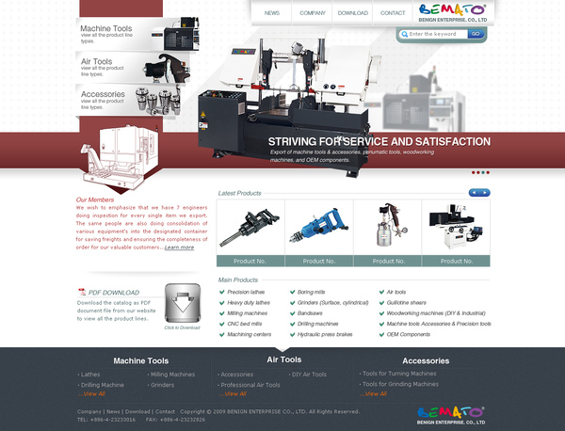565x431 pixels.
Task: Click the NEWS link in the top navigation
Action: tap(272, 13)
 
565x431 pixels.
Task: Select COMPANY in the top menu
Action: tap(313, 13)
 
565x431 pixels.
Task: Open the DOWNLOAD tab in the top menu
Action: tap(353, 13)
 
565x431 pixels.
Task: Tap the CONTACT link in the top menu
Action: tap(393, 13)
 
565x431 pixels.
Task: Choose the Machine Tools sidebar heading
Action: tap(106, 29)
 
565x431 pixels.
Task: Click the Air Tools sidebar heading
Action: tap(97, 61)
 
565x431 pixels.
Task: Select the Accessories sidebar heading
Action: tap(103, 94)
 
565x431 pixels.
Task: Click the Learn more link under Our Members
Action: tap(179, 247)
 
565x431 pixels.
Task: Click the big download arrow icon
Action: tap(182, 303)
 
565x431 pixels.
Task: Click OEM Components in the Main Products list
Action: tap(408, 334)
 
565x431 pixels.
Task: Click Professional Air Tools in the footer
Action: tap(250, 385)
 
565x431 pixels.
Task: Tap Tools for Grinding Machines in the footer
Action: tap(401, 384)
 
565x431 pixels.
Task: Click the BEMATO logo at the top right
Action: tap(454, 13)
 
